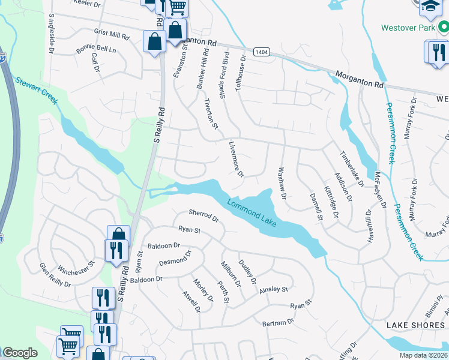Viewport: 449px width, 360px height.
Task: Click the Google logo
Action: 20,353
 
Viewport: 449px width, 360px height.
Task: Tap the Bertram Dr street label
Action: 278,322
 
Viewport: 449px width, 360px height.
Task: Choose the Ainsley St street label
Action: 274,290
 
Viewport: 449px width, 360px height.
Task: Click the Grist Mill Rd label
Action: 112,33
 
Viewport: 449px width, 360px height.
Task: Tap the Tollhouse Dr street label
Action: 241,73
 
